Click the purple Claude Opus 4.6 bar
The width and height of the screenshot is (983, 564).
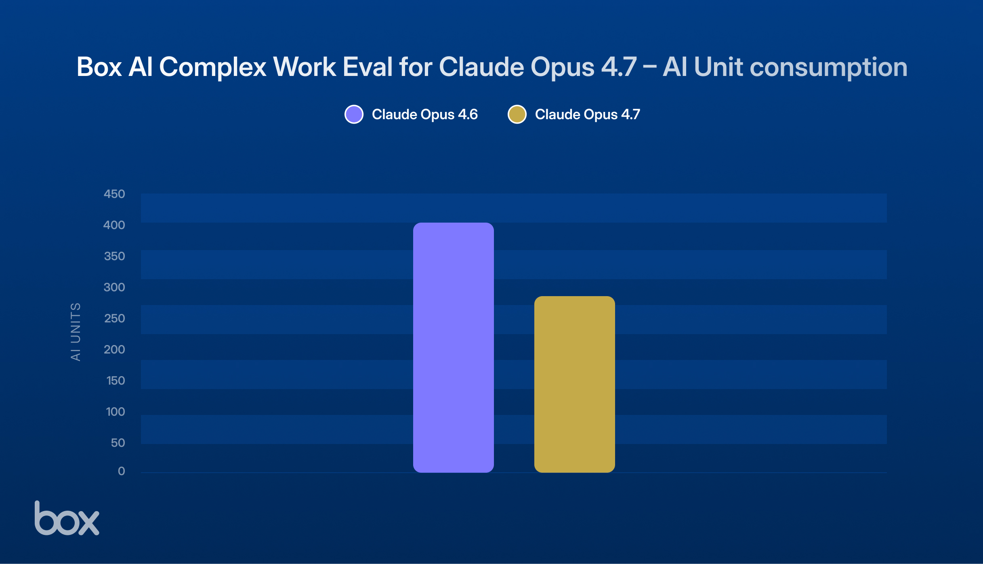click(x=453, y=347)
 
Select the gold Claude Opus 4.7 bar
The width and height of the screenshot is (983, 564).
click(x=574, y=384)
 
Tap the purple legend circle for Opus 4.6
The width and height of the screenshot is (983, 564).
click(x=354, y=114)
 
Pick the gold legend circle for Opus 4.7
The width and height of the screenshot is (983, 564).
click(x=517, y=114)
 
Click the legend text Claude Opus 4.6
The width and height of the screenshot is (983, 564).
click(x=424, y=114)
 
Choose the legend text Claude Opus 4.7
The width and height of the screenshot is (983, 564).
click(x=587, y=114)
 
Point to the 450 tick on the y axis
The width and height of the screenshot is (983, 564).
click(x=114, y=194)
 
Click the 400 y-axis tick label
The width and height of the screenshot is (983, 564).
click(x=114, y=225)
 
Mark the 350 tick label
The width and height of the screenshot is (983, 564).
click(x=114, y=256)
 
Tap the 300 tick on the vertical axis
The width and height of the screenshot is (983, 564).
click(x=114, y=287)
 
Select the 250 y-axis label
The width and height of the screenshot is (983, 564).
click(x=114, y=318)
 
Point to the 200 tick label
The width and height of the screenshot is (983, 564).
click(x=114, y=349)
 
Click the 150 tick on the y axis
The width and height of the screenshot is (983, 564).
click(x=116, y=381)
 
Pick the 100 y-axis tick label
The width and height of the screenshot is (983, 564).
click(x=116, y=412)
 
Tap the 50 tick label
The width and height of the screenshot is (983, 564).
click(x=118, y=443)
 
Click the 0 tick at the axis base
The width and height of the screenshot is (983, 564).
click(x=121, y=471)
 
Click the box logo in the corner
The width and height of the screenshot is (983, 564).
click(x=67, y=519)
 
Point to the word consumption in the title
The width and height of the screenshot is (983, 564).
click(x=828, y=67)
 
